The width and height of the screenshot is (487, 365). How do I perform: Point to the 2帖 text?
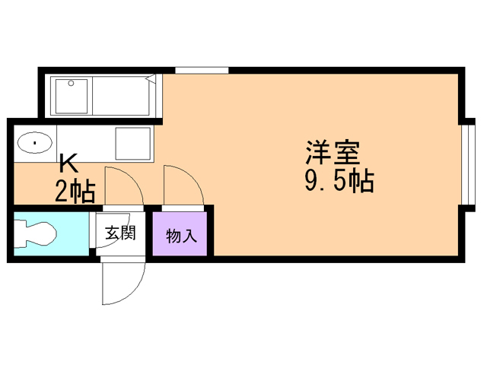click(75, 190)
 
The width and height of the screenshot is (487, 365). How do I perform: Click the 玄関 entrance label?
click(120, 233)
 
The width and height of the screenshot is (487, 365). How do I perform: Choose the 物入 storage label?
click(181, 236)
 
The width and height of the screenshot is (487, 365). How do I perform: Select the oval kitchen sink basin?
click(33, 143)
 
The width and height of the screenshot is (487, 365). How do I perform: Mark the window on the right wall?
click(466, 163)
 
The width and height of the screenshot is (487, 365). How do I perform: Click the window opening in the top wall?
click(202, 70)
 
